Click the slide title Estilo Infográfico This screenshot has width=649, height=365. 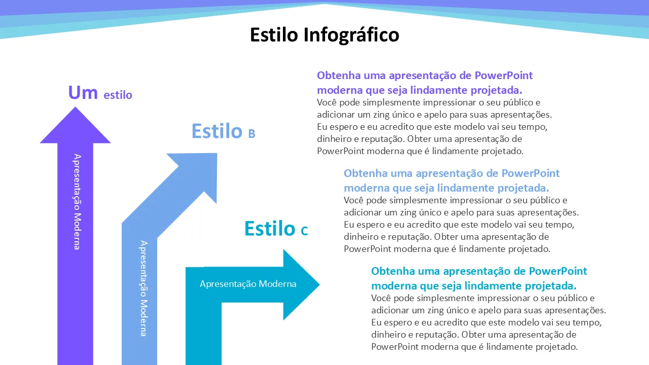tap(324, 35)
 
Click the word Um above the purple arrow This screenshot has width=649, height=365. tap(83, 93)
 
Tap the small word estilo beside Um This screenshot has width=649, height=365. tap(118, 95)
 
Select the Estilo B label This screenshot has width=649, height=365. tap(224, 131)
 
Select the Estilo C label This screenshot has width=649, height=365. tap(276, 229)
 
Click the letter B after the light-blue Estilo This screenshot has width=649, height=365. tap(251, 133)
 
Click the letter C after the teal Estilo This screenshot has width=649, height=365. tap(304, 231)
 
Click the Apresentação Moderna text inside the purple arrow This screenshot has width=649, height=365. tap(77, 202)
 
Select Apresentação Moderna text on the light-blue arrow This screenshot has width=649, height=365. tap(143, 288)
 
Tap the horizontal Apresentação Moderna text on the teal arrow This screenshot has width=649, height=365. tap(248, 284)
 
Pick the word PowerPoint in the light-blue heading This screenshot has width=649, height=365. tap(530, 173)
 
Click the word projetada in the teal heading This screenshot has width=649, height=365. tap(551, 286)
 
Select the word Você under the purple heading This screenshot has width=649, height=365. tap(327, 102)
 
